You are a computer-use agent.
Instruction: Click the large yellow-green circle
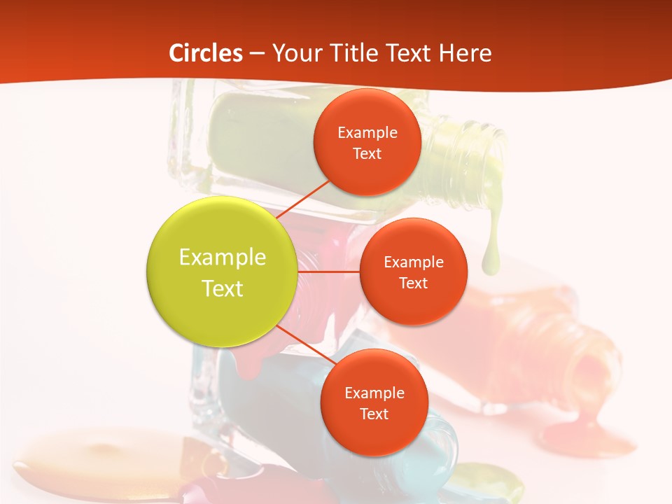click(222, 272)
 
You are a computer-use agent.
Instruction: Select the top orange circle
click(367, 142)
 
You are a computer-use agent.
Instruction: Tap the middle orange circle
click(413, 272)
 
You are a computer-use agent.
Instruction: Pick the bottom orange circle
click(374, 402)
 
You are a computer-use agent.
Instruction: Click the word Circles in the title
click(206, 53)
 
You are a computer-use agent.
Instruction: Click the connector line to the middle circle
click(328, 272)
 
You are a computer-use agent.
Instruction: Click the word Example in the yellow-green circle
click(222, 258)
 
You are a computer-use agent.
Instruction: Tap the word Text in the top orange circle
click(367, 153)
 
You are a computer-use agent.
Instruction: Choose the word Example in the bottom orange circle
click(374, 393)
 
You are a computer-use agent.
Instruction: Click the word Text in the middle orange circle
click(413, 283)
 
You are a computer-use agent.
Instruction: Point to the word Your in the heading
click(295, 53)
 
